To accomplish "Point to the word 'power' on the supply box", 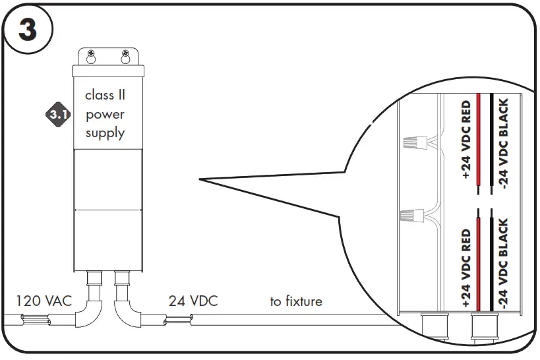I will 105,114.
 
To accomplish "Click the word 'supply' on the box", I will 105,133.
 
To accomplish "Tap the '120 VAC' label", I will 44,301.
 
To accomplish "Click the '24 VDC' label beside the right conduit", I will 193,301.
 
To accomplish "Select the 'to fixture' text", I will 296,301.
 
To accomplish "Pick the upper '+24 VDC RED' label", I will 465,140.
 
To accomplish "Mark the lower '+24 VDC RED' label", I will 465,269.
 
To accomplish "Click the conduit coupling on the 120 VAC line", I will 34,321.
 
